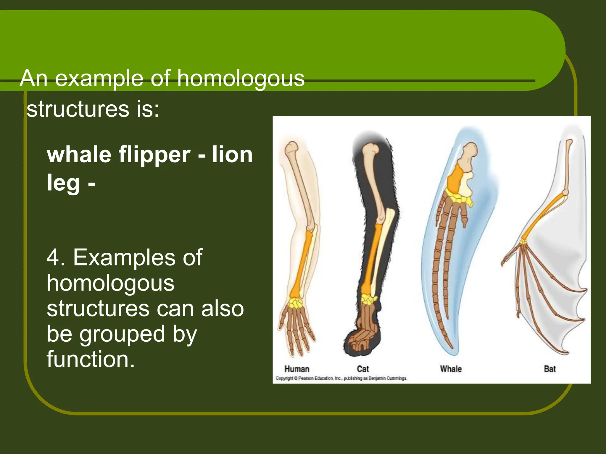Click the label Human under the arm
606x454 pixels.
coord(296,369)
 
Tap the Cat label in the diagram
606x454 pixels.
coord(363,369)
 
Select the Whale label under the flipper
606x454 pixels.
coord(451,369)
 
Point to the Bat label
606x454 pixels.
coord(550,369)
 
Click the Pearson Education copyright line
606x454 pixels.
coord(341,378)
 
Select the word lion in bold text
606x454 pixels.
coord(232,155)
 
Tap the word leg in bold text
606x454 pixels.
coord(63,183)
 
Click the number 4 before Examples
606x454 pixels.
coord(53,257)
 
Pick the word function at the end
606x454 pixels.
coord(90,359)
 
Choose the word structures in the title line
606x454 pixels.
coord(78,109)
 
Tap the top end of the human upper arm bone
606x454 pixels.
coord(292,146)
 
